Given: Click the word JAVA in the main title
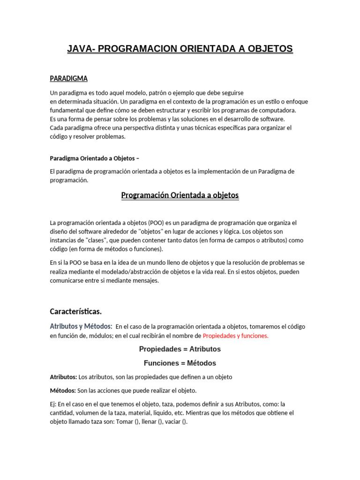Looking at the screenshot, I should tap(80, 49).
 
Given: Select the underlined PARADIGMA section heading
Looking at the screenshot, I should tap(68, 79).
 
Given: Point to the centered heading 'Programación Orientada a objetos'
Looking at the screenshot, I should tap(180, 195).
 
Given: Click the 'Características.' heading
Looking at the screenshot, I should tap(75, 311).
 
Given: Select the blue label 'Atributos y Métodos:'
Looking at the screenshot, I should tap(81, 326).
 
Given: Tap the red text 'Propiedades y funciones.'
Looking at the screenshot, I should tap(235, 336).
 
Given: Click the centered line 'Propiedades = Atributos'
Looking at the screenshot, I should tap(180, 349).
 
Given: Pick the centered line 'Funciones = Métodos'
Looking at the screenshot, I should tap(180, 363).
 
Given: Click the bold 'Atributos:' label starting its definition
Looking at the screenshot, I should tap(63, 377).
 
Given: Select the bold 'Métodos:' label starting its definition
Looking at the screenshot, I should tap(63, 390).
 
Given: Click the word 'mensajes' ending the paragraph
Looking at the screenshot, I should tap(147, 281).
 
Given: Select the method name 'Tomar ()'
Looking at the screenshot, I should tap(127, 421).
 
